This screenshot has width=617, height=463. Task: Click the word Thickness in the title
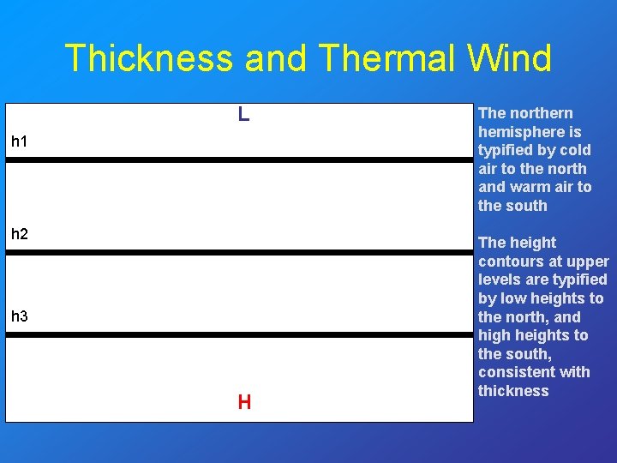point(148,58)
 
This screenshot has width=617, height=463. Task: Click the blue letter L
point(244,114)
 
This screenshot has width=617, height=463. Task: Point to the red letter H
point(244,402)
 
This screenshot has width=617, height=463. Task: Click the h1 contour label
point(20,141)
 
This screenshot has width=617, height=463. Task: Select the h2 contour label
point(20,232)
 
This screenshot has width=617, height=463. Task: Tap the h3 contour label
point(20,316)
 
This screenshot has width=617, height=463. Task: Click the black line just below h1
point(239,159)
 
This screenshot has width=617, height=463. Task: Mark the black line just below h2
point(239,252)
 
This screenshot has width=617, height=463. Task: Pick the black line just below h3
point(239,334)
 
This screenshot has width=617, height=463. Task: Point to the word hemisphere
point(518,132)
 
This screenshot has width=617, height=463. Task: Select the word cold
point(574,150)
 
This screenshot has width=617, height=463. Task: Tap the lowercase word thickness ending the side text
point(513,391)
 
